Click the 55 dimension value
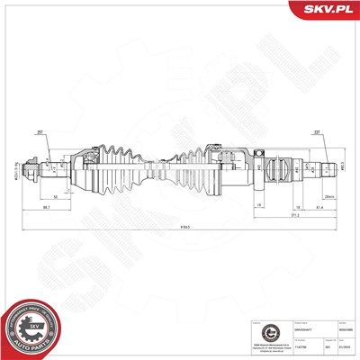(x=55, y=195)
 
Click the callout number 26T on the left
(x=41, y=131)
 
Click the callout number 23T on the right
(x=319, y=131)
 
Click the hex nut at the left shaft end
(x=31, y=166)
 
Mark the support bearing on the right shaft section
(x=260, y=166)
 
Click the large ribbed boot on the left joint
(x=112, y=166)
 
